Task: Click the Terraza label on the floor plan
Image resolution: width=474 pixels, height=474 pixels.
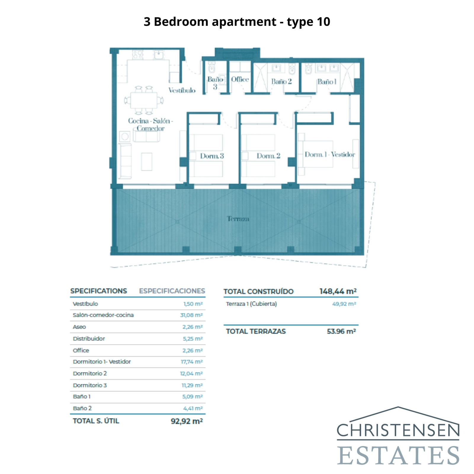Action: click(238, 219)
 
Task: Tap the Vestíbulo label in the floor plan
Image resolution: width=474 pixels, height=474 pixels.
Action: click(182, 90)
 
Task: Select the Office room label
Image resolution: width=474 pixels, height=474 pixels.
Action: click(240, 79)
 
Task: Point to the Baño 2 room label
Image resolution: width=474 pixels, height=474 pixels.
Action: click(281, 81)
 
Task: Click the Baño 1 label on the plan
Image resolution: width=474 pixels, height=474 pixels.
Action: click(327, 82)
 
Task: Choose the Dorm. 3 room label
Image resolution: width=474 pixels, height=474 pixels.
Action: click(212, 156)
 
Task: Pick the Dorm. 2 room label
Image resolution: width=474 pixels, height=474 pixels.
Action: click(268, 156)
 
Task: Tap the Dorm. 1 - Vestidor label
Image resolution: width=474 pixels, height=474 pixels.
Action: click(330, 155)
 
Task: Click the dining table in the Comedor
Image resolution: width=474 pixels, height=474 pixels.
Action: click(144, 100)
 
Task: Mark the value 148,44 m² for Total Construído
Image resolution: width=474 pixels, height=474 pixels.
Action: click(338, 292)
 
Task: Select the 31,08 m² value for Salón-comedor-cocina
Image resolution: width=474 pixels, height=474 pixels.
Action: click(191, 315)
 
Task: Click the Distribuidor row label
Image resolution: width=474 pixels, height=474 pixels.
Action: click(89, 339)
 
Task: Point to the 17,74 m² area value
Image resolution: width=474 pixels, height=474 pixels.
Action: click(192, 362)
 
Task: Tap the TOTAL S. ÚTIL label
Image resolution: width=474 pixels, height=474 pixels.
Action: click(96, 421)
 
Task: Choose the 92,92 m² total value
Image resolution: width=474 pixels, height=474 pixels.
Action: click(187, 421)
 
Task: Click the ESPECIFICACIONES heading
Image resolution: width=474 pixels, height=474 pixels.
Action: click(172, 291)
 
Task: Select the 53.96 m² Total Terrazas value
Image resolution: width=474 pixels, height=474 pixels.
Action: click(341, 332)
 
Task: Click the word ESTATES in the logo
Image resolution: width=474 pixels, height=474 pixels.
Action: click(398, 455)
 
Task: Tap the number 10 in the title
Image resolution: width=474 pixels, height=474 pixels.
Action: click(324, 22)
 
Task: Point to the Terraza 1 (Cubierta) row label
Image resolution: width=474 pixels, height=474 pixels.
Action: click(251, 304)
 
